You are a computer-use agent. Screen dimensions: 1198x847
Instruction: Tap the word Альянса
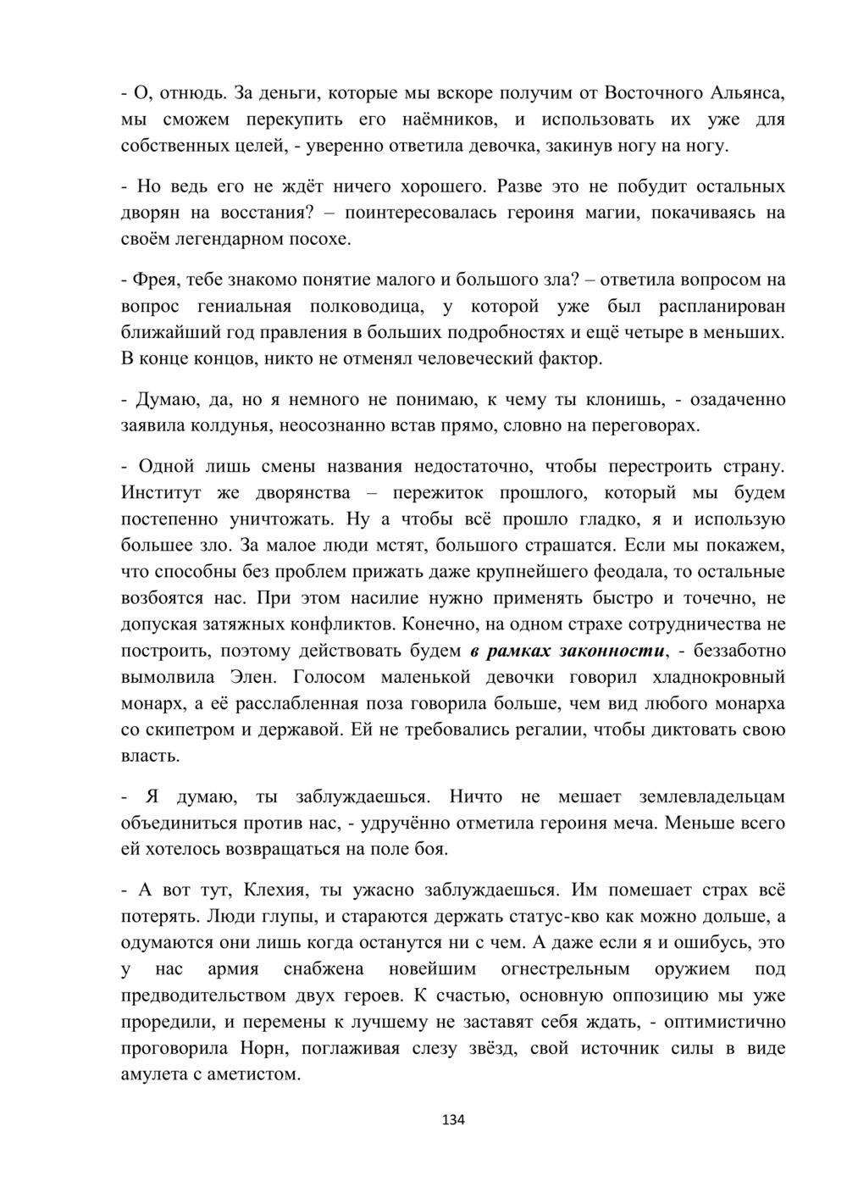pos(745,92)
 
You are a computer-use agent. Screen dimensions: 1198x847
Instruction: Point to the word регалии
pos(518,730)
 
